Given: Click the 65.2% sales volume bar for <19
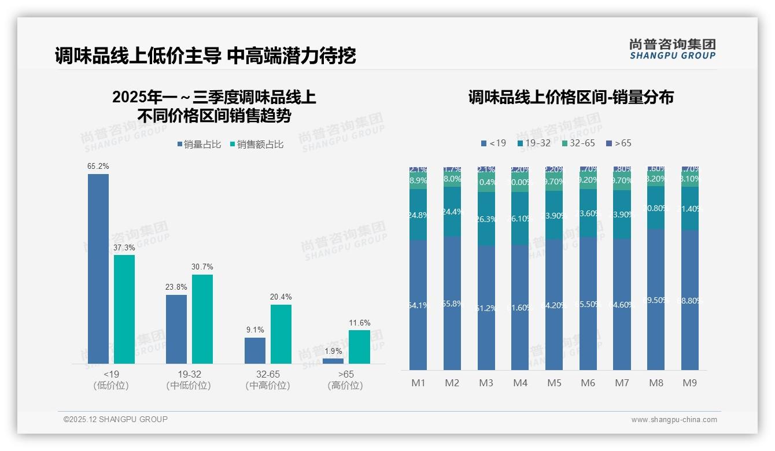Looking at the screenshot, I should (x=98, y=268).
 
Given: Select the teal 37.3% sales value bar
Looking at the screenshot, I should (x=124, y=309).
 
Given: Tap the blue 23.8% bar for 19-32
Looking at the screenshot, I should (x=176, y=329).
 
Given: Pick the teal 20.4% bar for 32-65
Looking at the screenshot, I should (x=281, y=334).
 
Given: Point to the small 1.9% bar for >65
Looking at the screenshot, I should (x=333, y=361).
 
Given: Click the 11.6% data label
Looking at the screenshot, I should (x=360, y=323).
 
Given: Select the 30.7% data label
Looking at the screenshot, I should (x=202, y=267).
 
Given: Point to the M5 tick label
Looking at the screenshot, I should (x=554, y=383).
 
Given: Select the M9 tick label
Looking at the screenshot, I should (x=690, y=383).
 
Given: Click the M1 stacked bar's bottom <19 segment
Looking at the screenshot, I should (x=418, y=305).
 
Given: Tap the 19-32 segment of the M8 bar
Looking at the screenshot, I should (x=656, y=208).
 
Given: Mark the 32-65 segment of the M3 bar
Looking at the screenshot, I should (x=486, y=183).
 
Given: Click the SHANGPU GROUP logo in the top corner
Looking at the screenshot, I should (x=672, y=49).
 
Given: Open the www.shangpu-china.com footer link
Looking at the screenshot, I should (x=674, y=420).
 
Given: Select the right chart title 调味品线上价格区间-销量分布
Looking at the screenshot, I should (x=571, y=97).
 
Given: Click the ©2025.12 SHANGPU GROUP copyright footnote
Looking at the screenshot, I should (x=116, y=419).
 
